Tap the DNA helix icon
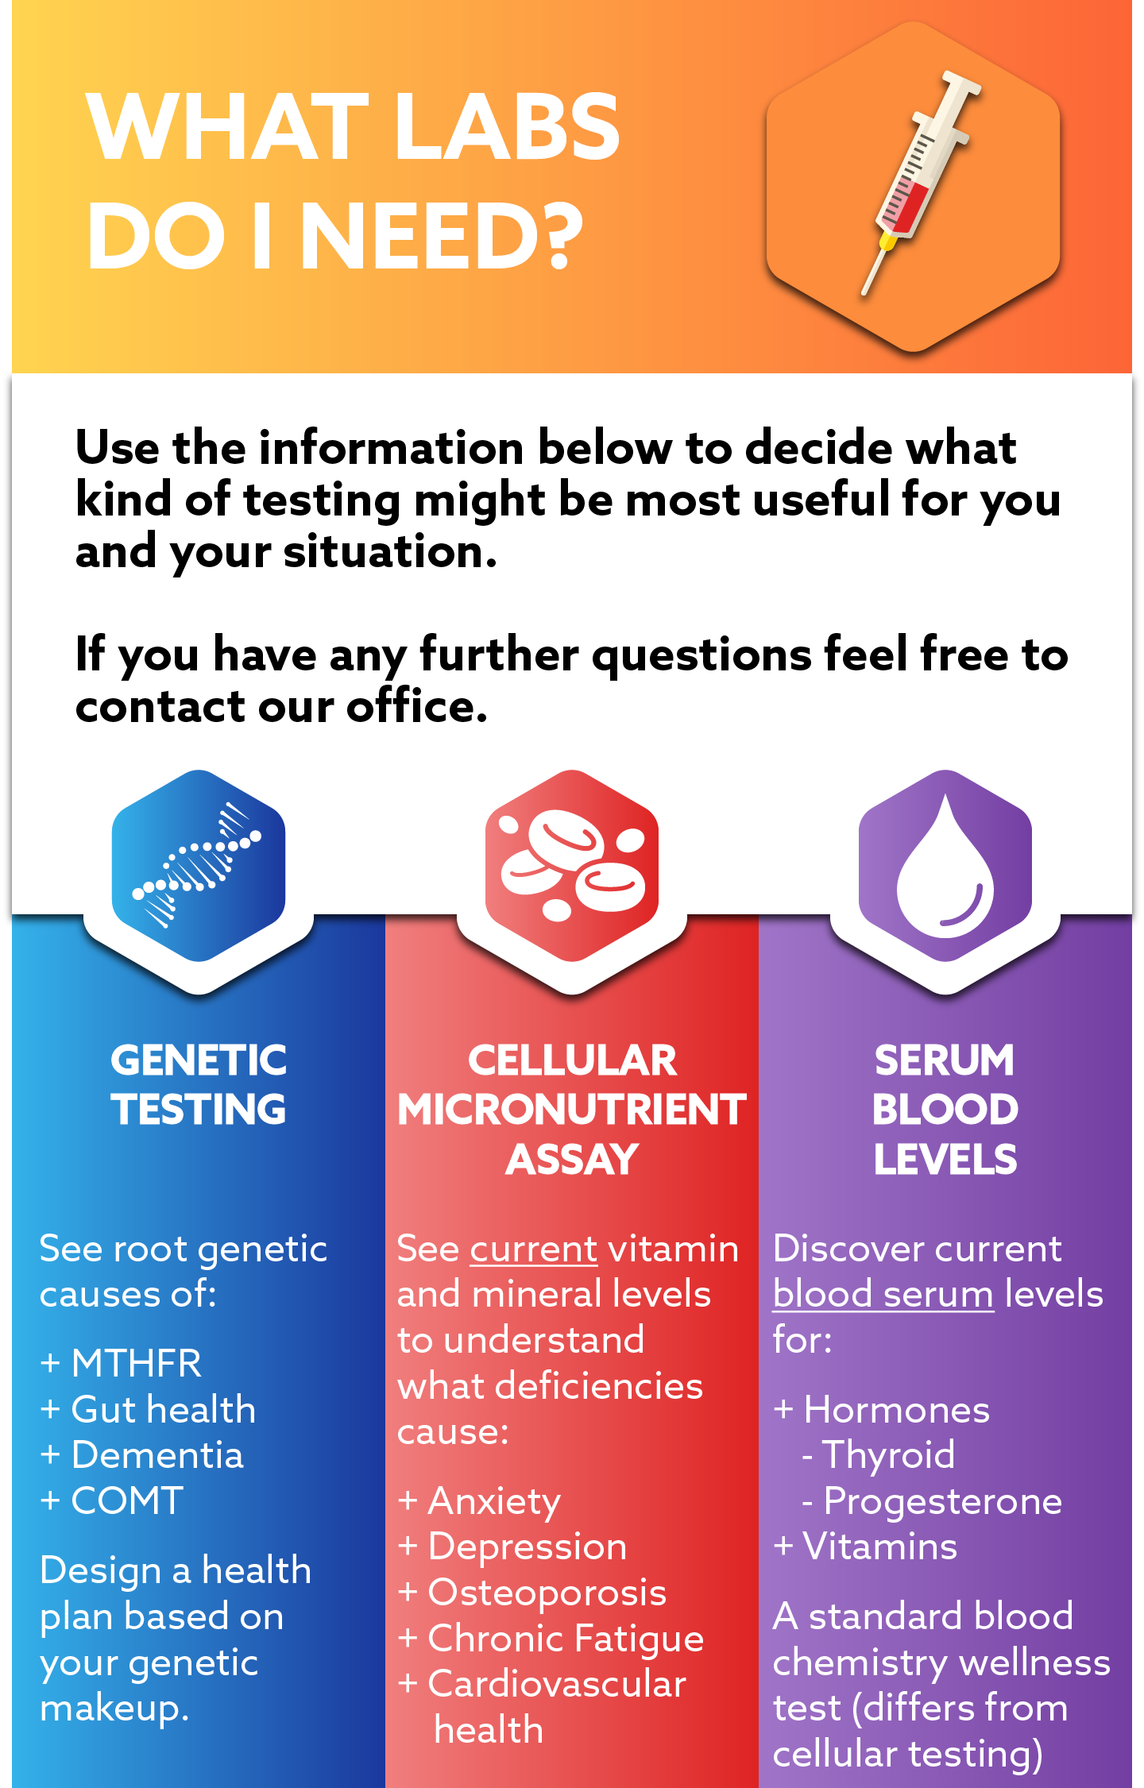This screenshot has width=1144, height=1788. (197, 866)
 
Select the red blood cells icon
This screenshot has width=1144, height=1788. (572, 866)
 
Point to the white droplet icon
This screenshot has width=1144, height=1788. (945, 870)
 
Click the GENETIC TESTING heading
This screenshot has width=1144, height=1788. (199, 1085)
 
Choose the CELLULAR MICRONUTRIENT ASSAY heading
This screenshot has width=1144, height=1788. (572, 1110)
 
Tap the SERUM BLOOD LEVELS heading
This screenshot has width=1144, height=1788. (945, 1110)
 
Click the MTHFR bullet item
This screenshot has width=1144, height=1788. (136, 1364)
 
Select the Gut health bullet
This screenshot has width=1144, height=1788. (163, 1410)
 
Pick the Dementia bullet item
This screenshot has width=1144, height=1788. (157, 1455)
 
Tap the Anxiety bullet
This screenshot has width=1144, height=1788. (493, 1501)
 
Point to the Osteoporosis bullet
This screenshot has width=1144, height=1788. (547, 1593)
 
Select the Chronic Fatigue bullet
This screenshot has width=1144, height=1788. (565, 1639)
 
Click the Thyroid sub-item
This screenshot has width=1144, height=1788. (888, 1455)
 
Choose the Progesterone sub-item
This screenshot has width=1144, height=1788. (942, 1501)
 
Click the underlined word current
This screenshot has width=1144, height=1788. (533, 1249)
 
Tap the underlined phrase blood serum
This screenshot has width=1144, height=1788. (883, 1295)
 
